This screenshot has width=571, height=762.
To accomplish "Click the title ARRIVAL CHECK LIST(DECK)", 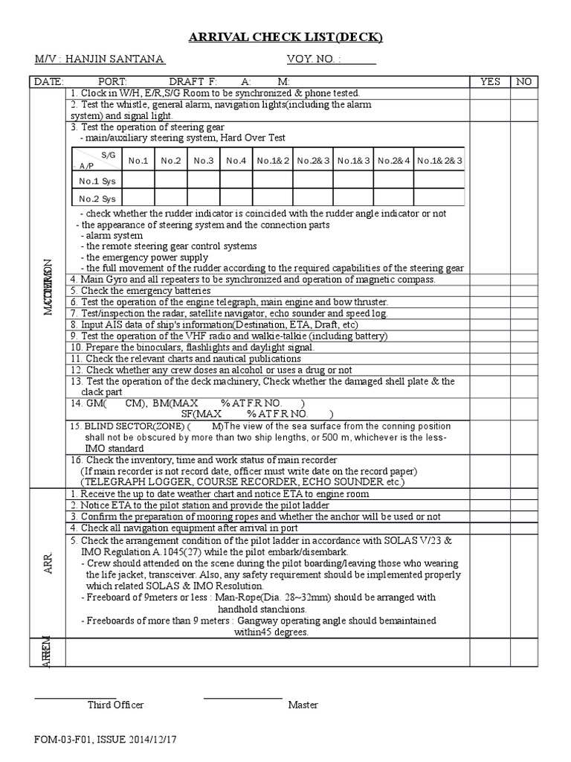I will [x=285, y=38].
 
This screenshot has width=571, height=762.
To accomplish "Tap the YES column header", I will [x=490, y=82].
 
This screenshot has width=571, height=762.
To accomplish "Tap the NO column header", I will [x=523, y=82].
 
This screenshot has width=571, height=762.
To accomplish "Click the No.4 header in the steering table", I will [x=236, y=160].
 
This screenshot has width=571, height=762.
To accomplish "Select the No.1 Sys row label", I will [x=97, y=181].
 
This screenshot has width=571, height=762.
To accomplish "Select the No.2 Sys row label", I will [x=97, y=199].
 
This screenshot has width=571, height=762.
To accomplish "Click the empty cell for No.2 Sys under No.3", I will [x=204, y=199].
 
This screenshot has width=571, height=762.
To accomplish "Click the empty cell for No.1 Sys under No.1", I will [x=138, y=181].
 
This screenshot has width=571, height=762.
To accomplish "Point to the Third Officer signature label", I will [x=115, y=705].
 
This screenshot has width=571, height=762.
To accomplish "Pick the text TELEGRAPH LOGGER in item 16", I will [x=123, y=482].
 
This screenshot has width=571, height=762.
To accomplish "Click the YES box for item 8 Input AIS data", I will [x=490, y=324].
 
